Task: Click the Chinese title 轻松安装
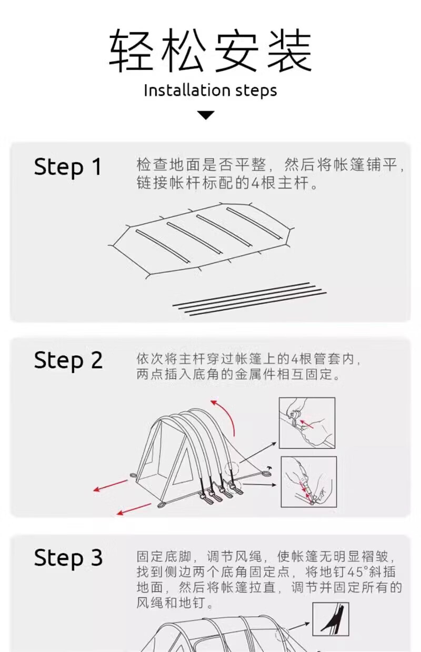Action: (210, 52)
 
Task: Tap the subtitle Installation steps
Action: (210, 90)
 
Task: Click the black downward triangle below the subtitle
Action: (205, 115)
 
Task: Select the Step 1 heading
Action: (67, 167)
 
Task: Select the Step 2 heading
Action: (68, 360)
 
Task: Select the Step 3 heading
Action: (68, 558)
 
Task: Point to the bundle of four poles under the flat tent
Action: (249, 299)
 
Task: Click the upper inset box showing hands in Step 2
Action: (307, 423)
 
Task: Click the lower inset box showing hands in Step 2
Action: (308, 481)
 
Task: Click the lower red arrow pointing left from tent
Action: (134, 509)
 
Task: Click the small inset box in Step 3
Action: (330, 619)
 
